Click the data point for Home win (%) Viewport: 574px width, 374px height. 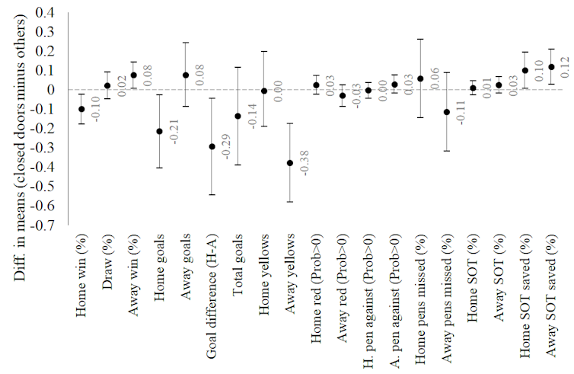click(81, 109)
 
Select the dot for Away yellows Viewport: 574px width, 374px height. click(290, 163)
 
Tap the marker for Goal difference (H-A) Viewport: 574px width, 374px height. click(212, 146)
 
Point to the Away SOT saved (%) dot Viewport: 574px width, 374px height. click(550, 67)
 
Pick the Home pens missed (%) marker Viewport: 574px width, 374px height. click(420, 78)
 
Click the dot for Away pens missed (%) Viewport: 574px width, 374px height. click(447, 112)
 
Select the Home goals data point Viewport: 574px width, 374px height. click(159, 131)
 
